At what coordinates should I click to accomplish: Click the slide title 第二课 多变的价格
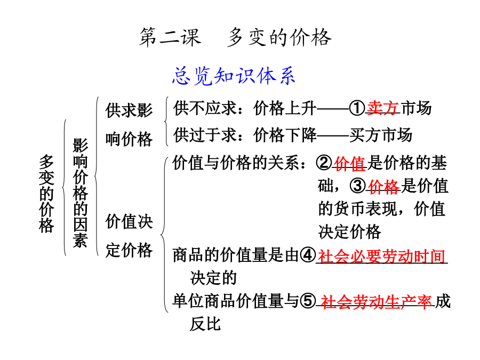tap(235, 37)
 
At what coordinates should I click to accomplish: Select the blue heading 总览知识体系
tap(234, 76)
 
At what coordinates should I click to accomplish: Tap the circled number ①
tap(357, 108)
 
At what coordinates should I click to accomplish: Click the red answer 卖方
tap(382, 108)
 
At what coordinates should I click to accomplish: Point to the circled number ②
tap(324, 163)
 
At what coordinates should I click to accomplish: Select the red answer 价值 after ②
tap(350, 163)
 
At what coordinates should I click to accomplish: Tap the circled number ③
tap(358, 186)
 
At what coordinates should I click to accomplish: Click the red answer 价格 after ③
tap(383, 186)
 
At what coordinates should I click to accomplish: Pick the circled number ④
tap(308, 255)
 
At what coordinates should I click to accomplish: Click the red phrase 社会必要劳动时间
tap(381, 256)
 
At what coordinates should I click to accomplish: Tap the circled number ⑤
tap(308, 301)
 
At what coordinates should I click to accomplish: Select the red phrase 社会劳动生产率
tap(376, 301)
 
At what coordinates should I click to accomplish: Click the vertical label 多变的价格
tap(46, 194)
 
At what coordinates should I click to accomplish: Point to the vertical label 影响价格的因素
tap(80, 193)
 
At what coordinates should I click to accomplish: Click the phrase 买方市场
tap(381, 135)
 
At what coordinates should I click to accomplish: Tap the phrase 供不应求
tap(205, 108)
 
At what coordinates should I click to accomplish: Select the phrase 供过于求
tap(205, 135)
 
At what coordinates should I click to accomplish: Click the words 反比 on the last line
tap(205, 324)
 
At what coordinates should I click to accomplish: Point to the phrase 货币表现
tap(366, 209)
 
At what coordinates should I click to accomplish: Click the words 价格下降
tap(285, 135)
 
